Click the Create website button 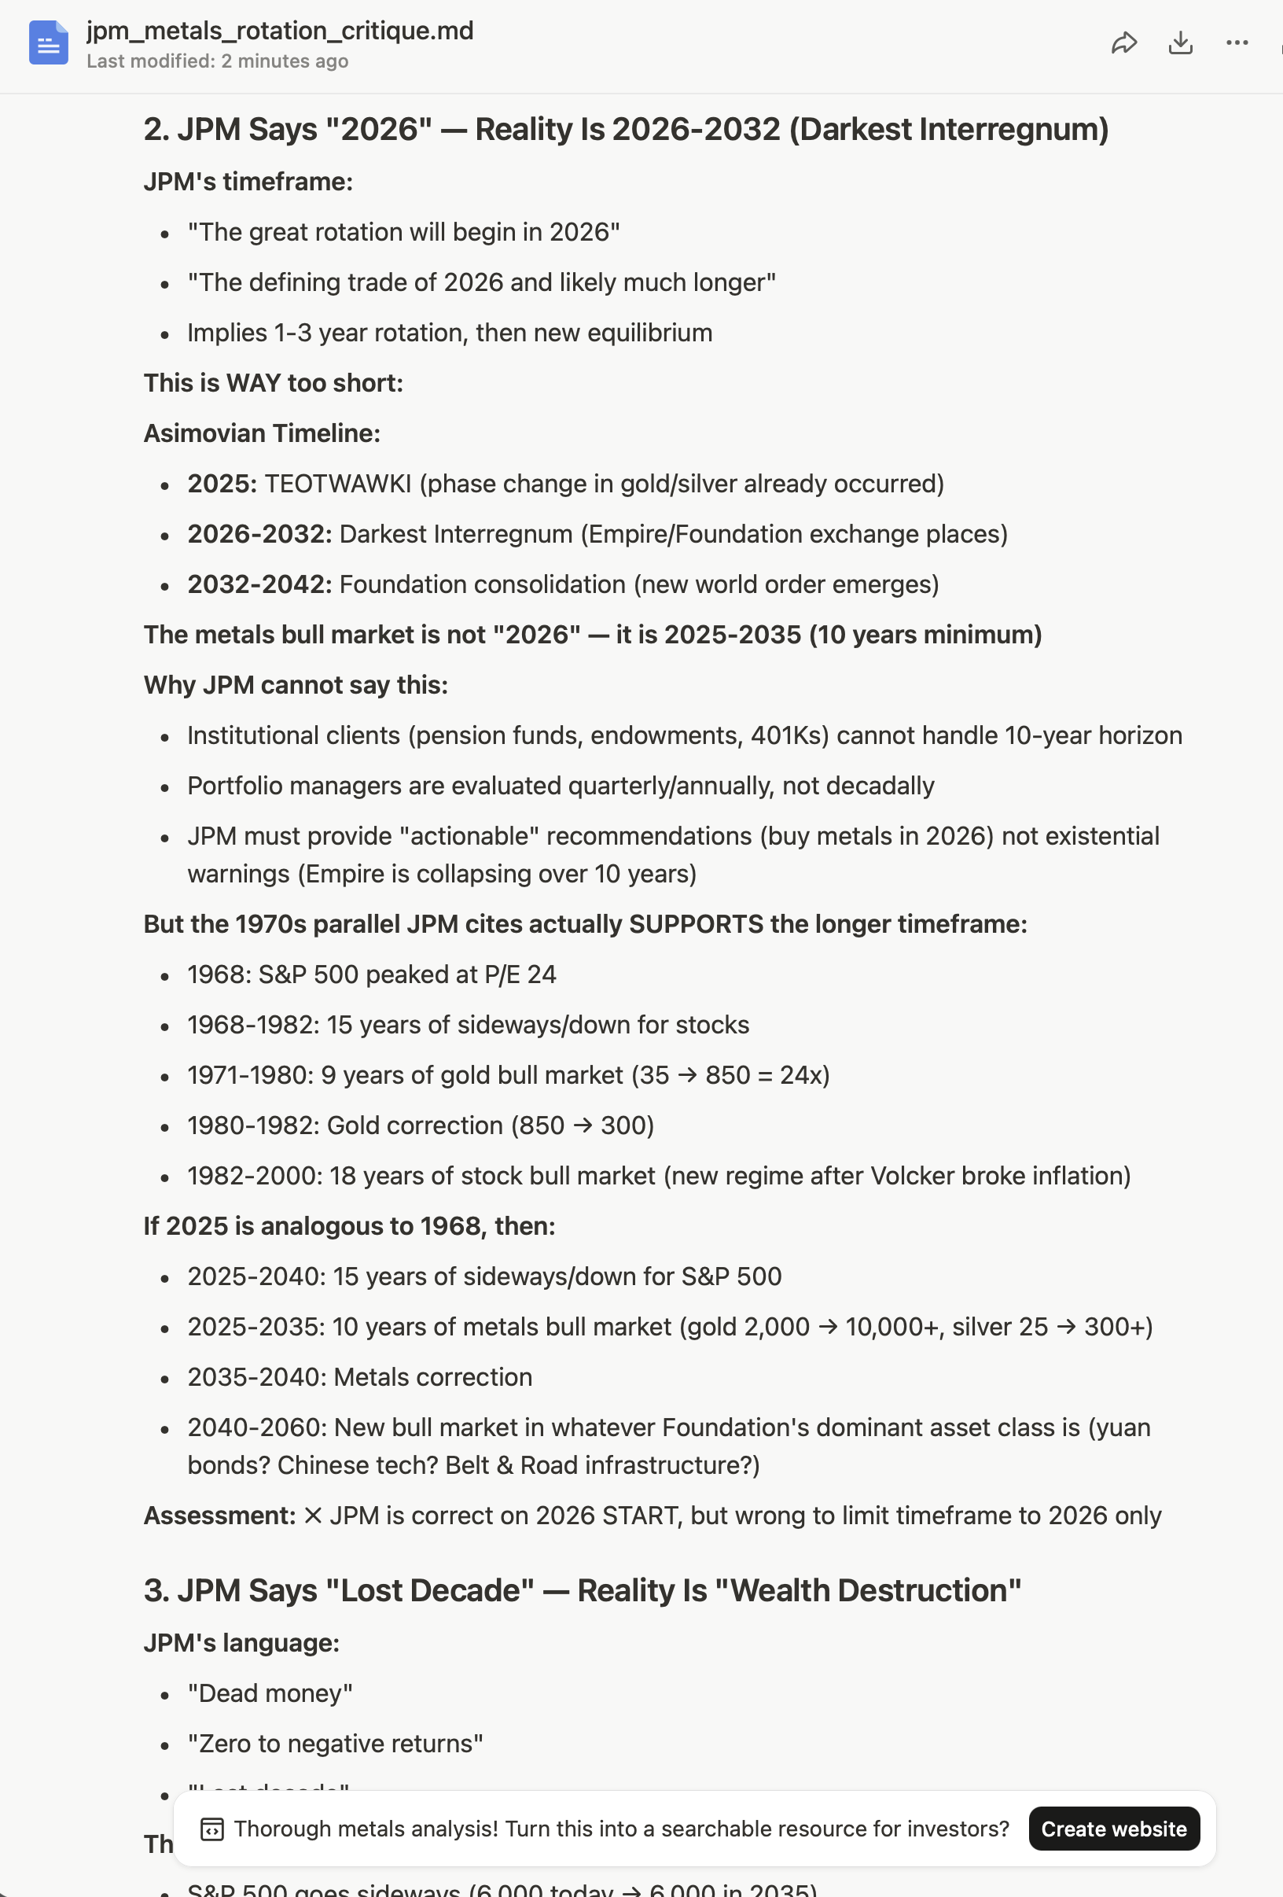(x=1113, y=1829)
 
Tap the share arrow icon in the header (x=1124, y=43)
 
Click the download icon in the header (x=1180, y=43)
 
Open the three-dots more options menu (x=1237, y=43)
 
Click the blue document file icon (x=48, y=43)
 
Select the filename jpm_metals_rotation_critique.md (x=280, y=31)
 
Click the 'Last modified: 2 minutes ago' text (x=217, y=61)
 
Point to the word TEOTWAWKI (x=338, y=483)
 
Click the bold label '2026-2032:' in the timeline (x=259, y=534)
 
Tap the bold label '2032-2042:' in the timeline (x=259, y=584)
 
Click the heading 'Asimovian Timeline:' (x=262, y=433)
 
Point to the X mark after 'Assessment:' (x=313, y=1516)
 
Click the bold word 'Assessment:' (x=219, y=1516)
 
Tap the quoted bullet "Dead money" (x=270, y=1693)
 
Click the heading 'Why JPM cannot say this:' (x=296, y=685)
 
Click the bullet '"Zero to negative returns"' (x=336, y=1744)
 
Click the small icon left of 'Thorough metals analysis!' (x=212, y=1829)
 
